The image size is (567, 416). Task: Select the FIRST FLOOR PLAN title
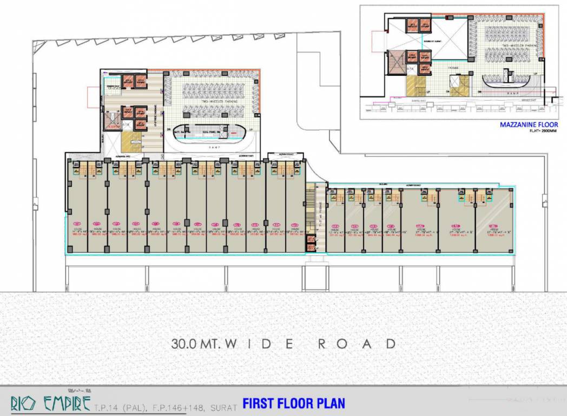pos(293,403)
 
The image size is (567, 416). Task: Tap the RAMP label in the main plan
pos(212,146)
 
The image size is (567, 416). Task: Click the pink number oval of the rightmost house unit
pos(493,226)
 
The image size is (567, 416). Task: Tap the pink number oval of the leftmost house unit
pos(77,222)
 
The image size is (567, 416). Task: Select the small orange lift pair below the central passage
pos(311,243)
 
